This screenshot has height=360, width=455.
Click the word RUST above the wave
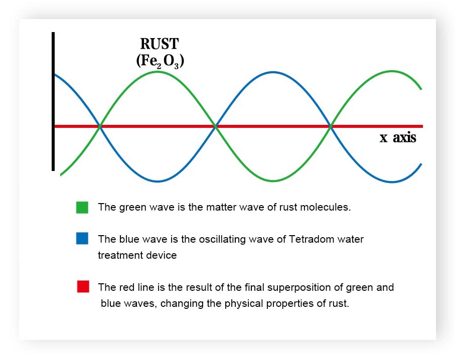coord(159,44)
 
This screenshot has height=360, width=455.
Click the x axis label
coord(397,138)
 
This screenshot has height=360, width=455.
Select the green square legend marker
coord(82,207)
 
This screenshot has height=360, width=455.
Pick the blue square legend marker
coord(82,239)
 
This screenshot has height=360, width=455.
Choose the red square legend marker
coord(83,287)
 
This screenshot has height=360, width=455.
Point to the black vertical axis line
coord(53,100)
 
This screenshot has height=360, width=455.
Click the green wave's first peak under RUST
coord(158,72)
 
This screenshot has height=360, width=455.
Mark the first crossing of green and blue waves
coord(100,126)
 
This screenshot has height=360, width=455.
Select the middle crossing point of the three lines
coord(215,126)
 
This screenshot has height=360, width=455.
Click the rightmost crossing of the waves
coord(331,126)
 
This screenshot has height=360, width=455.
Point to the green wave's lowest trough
coord(272,181)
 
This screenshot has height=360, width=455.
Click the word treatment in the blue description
coord(118,255)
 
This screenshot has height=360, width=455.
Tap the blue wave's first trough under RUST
coord(158,181)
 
